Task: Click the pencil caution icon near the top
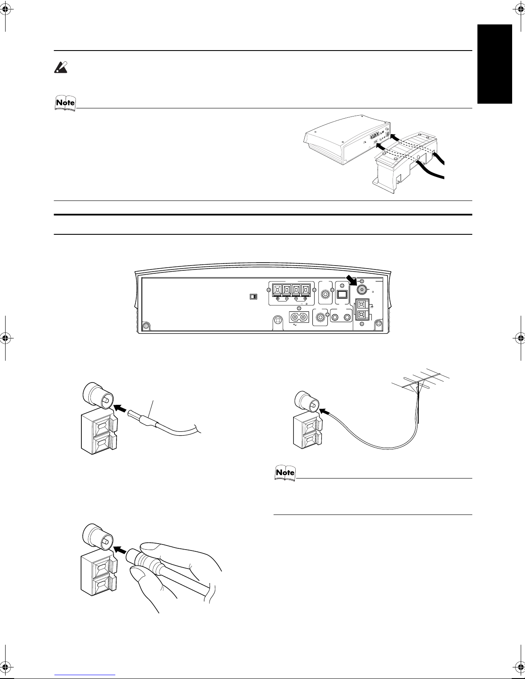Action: click(x=61, y=68)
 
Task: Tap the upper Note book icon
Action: click(x=65, y=103)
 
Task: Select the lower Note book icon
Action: click(x=285, y=473)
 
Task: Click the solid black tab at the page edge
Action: click(x=495, y=64)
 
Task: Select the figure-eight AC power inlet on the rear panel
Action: click(x=299, y=317)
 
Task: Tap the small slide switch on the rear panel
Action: click(x=253, y=296)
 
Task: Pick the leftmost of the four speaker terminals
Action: click(x=277, y=290)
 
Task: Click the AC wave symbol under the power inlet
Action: click(x=294, y=325)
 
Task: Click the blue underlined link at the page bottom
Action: click(x=85, y=675)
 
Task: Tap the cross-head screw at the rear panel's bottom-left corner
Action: click(x=146, y=326)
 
